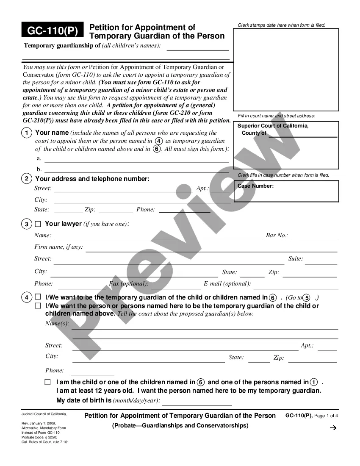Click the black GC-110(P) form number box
coord(53,31)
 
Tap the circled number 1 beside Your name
coord(27,133)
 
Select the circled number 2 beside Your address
coord(27,179)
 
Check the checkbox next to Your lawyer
coord(38,224)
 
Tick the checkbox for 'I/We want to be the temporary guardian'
coord(38,297)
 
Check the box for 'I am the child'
coord(48,382)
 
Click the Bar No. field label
coord(277,235)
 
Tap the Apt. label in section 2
coord(202,188)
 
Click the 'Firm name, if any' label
coord(58,247)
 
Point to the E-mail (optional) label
coord(227,283)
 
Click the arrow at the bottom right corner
coord(333,428)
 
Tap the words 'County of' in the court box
coord(254,133)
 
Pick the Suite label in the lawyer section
coord(296,258)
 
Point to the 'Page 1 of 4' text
coord(326,416)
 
